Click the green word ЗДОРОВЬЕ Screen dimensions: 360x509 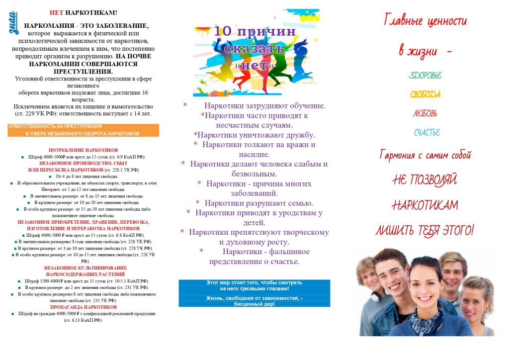click(x=425, y=76)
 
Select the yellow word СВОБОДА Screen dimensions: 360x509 click(x=425, y=94)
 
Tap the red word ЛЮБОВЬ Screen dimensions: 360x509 click(x=425, y=113)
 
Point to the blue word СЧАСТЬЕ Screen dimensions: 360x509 click(x=427, y=133)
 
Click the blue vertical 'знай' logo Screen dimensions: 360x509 click(x=14, y=25)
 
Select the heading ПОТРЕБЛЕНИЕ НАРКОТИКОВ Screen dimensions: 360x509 click(x=83, y=150)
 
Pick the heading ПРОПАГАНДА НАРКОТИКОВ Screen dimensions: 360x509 click(x=83, y=307)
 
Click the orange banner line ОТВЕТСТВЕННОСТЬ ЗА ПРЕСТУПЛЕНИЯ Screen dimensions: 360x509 click(x=55, y=127)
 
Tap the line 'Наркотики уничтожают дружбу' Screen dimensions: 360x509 click(x=254, y=135)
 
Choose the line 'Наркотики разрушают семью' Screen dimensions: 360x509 click(x=254, y=203)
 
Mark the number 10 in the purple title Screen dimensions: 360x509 click(x=225, y=31)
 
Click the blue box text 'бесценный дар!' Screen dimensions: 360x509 click(x=254, y=303)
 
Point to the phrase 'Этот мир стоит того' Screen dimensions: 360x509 click(x=233, y=282)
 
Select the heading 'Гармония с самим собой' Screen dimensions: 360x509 click(x=425, y=155)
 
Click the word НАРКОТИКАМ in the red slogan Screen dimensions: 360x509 click(x=425, y=205)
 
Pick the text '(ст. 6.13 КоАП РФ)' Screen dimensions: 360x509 click(x=83, y=320)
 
